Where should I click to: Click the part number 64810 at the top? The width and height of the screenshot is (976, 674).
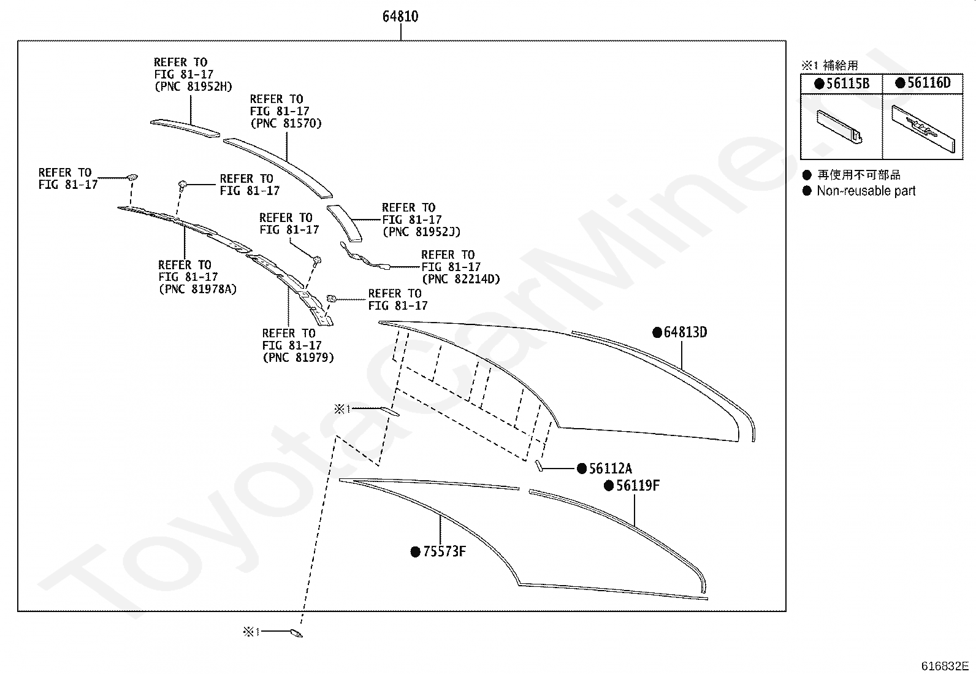click(400, 17)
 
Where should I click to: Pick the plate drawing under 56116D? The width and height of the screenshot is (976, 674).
click(923, 129)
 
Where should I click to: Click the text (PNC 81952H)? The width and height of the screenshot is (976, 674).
click(194, 86)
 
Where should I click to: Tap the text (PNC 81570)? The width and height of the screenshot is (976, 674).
click(286, 123)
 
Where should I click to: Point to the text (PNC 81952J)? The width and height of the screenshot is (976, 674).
click(421, 231)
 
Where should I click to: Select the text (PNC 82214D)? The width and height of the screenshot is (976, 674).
click(461, 278)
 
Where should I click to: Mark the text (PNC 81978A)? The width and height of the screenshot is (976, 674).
click(198, 289)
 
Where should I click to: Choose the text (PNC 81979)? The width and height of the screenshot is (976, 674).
click(299, 358)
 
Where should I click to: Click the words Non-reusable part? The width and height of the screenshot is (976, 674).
click(866, 191)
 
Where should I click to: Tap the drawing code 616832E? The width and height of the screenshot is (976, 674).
click(945, 665)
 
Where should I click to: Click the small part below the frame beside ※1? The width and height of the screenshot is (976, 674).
click(296, 634)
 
